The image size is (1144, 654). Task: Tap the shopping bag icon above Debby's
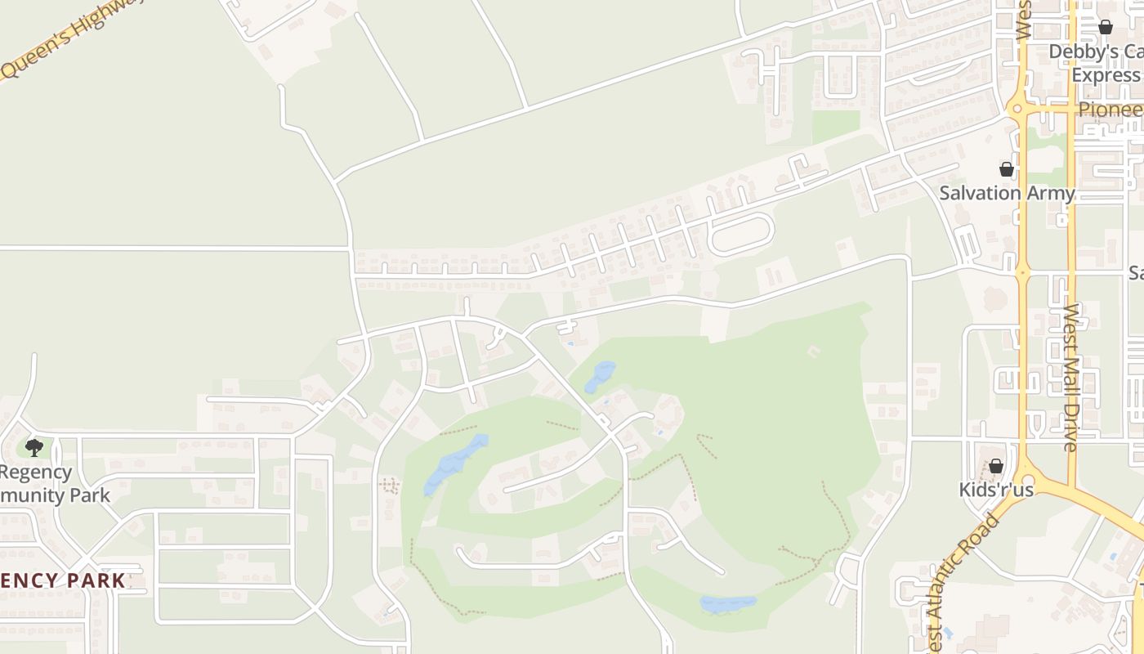[x=1106, y=28]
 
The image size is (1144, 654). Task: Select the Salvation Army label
[x=1006, y=194]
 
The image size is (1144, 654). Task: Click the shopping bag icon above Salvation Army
[x=1007, y=169]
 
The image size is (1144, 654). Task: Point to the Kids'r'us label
[x=996, y=490]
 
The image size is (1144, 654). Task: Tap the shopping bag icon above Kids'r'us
[x=996, y=466]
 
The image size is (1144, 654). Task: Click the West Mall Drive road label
[x=1071, y=378]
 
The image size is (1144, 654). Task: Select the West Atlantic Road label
[x=959, y=582]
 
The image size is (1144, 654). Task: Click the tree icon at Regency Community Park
[x=34, y=447]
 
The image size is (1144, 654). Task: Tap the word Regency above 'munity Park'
[x=36, y=473]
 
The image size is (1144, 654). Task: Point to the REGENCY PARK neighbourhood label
[x=62, y=581]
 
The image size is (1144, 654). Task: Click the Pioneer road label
[x=1110, y=110]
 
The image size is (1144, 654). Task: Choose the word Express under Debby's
[x=1106, y=75]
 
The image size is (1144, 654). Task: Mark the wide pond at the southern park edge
[x=728, y=604]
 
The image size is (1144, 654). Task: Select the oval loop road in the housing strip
[x=740, y=234]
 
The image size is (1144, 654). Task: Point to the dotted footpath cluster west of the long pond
[x=390, y=486]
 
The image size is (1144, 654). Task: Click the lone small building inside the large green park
[x=813, y=351]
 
